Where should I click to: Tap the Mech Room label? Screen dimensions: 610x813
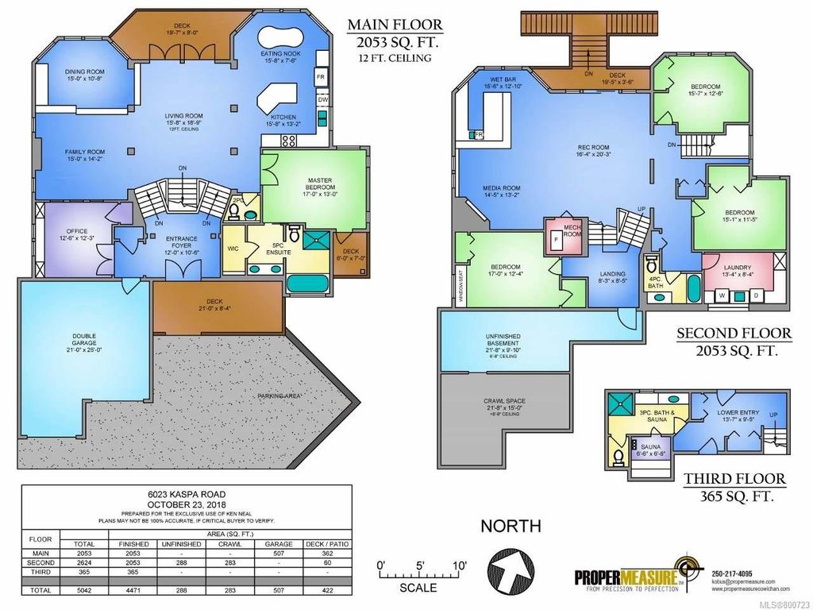572,230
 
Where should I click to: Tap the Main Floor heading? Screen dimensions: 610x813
392,25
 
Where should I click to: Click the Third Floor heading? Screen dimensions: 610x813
735,479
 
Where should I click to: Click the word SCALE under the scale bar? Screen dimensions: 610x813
418,588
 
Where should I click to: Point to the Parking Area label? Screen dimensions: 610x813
279,395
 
